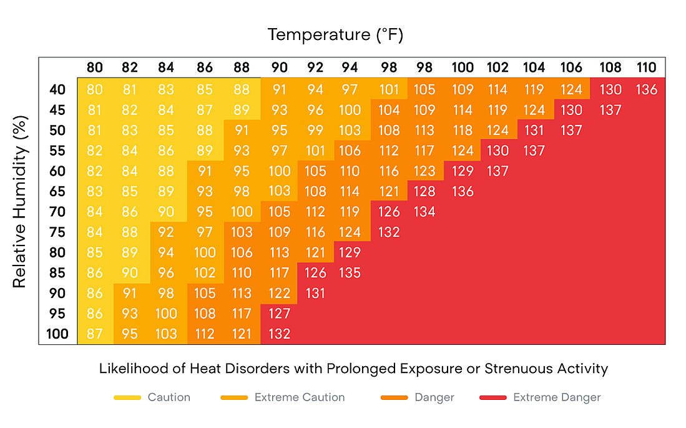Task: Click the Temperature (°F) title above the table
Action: [335, 35]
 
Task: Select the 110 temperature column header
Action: [646, 67]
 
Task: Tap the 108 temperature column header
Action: [610, 67]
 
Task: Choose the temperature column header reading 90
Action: [279, 67]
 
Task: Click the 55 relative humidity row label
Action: [57, 151]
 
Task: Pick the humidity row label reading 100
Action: [57, 334]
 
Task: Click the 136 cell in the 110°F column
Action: [646, 89]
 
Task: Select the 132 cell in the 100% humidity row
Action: [279, 334]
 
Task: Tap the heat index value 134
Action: [424, 212]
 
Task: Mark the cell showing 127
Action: [279, 313]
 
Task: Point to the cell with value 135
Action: [350, 272]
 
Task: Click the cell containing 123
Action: [424, 171]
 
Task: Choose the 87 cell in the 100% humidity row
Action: [94, 334]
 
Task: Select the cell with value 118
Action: [463, 130]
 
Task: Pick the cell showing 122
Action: [279, 293]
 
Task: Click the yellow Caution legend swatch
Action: [127, 397]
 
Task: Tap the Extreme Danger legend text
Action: [557, 397]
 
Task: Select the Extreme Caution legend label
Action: [299, 397]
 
